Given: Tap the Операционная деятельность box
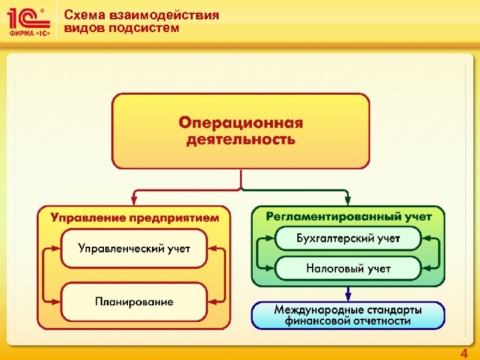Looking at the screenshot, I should [241, 131].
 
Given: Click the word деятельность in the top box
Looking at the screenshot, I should [240, 139].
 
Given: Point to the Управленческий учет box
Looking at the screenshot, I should [134, 249].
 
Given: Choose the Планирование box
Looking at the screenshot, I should [134, 302].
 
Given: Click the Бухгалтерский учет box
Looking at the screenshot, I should [348, 238].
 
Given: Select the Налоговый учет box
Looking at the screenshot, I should [348, 269].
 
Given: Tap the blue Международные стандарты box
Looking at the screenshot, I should [348, 315].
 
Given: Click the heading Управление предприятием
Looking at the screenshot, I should [135, 217].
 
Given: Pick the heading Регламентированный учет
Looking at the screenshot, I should [349, 216].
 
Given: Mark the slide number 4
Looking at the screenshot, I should [464, 353].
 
